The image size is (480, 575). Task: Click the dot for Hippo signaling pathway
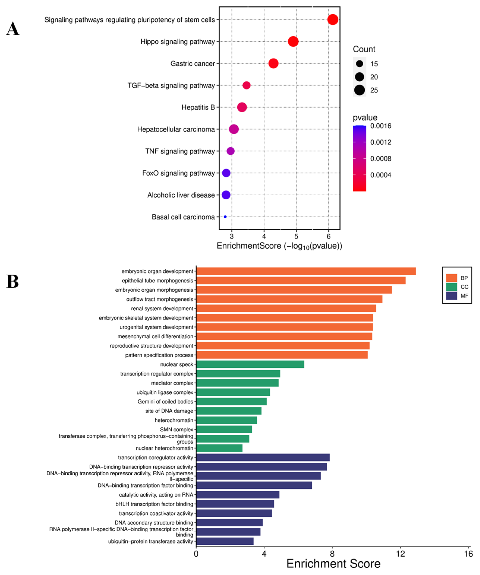pos(293,42)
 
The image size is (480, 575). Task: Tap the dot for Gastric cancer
pos(273,63)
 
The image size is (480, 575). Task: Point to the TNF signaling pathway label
pos(180,151)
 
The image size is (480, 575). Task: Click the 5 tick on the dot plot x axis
pos(296,236)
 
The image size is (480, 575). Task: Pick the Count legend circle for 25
pos(359,90)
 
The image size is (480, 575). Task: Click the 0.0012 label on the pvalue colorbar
pos(380,142)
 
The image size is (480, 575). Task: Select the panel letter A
pos(13,29)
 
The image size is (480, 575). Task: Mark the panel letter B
pos(13,282)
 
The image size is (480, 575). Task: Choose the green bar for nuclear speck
pos(250,364)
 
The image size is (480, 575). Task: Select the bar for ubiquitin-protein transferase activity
pos(225,541)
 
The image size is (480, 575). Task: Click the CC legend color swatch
pos(451,287)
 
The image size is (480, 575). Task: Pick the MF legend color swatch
pos(451,296)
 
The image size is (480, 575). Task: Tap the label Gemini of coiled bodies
pos(165,401)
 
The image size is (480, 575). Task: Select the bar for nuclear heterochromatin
pos(219,448)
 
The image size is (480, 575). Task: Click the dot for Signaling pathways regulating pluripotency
pos(333,20)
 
